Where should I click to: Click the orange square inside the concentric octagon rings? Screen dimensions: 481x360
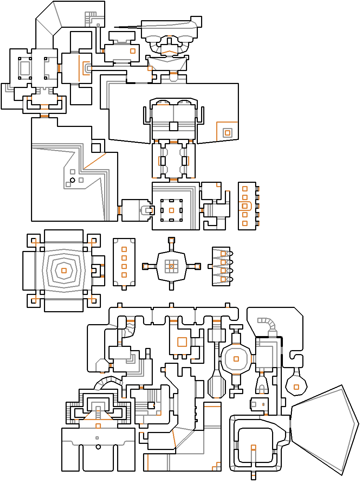click(64, 270)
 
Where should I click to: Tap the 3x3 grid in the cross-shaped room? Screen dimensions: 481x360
click(172, 266)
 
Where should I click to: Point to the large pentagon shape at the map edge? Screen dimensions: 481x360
click(324, 429)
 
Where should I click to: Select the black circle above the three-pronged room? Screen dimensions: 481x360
click(98, 447)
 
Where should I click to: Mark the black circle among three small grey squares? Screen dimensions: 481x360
click(72, 180)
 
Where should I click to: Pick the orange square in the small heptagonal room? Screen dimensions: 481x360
click(296, 387)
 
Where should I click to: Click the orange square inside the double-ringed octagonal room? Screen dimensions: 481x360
click(236, 359)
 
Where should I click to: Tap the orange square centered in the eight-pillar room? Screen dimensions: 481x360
click(172, 210)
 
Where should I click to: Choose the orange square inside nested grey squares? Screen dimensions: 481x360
click(227, 133)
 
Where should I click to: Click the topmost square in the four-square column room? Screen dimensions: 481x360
click(124, 249)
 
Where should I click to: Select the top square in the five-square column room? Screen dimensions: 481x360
click(245, 189)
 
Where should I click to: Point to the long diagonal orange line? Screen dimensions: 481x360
click(95, 161)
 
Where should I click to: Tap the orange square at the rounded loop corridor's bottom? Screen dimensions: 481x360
click(253, 447)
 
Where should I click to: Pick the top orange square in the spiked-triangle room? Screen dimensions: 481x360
click(223, 254)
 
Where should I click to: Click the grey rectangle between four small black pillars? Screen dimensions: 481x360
click(25, 68)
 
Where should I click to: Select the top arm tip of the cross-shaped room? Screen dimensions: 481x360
click(172, 240)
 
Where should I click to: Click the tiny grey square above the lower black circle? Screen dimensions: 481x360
click(97, 438)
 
